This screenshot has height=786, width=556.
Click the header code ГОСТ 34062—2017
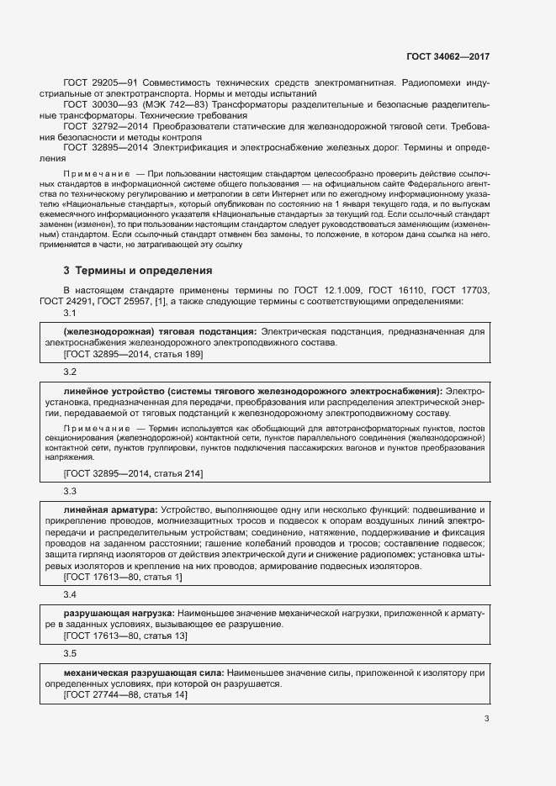[x=447, y=56]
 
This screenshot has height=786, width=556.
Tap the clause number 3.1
[x=70, y=314]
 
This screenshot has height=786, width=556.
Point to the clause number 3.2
[x=70, y=372]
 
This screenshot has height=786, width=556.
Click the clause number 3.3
[x=70, y=491]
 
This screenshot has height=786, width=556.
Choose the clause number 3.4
[x=70, y=594]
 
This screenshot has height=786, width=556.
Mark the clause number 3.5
[x=70, y=653]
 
